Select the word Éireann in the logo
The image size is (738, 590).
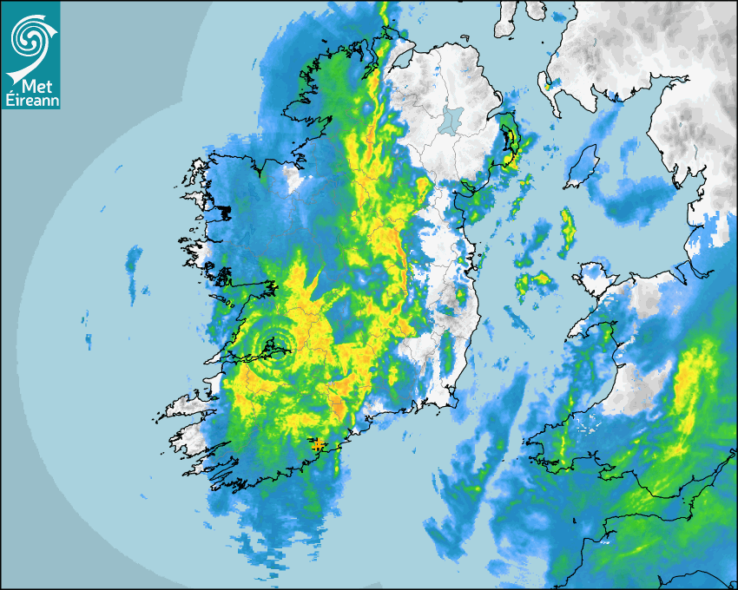pos(30,100)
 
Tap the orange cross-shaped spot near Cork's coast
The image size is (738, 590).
pos(319,445)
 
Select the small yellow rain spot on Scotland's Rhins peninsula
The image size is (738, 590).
pos(546,83)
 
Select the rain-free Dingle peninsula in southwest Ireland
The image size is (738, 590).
pos(191,406)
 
